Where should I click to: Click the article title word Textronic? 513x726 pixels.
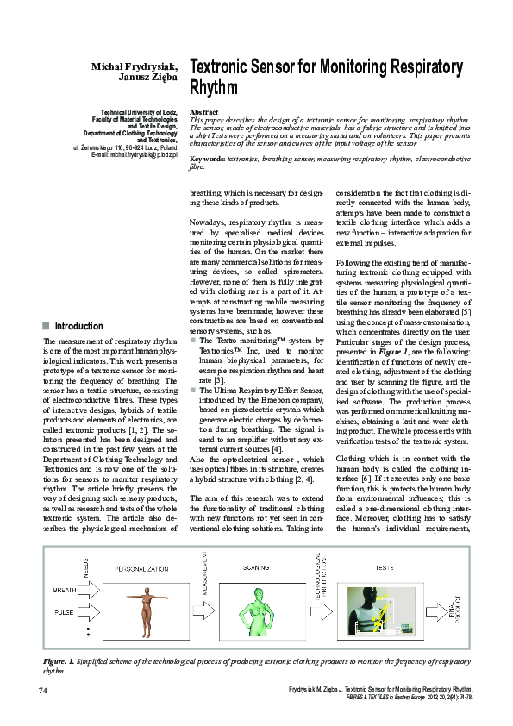(x=226, y=67)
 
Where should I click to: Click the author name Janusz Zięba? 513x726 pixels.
(x=147, y=78)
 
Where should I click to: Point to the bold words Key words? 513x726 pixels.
(x=206, y=160)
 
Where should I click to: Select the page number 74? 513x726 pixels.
(x=42, y=691)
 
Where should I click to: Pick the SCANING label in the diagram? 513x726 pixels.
(x=255, y=569)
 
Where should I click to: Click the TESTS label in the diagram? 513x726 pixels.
(x=384, y=569)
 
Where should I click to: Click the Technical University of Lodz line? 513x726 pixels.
(x=139, y=113)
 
